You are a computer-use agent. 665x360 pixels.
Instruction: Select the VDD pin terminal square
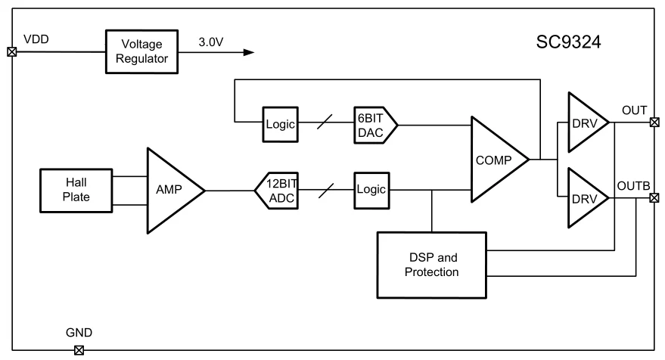pyautogui.click(x=11, y=52)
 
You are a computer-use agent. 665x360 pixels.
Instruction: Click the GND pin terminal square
pyautogui.click(x=78, y=349)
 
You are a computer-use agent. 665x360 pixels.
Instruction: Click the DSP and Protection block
pyautogui.click(x=430, y=264)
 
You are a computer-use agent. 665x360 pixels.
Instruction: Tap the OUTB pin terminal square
pyautogui.click(x=654, y=199)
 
